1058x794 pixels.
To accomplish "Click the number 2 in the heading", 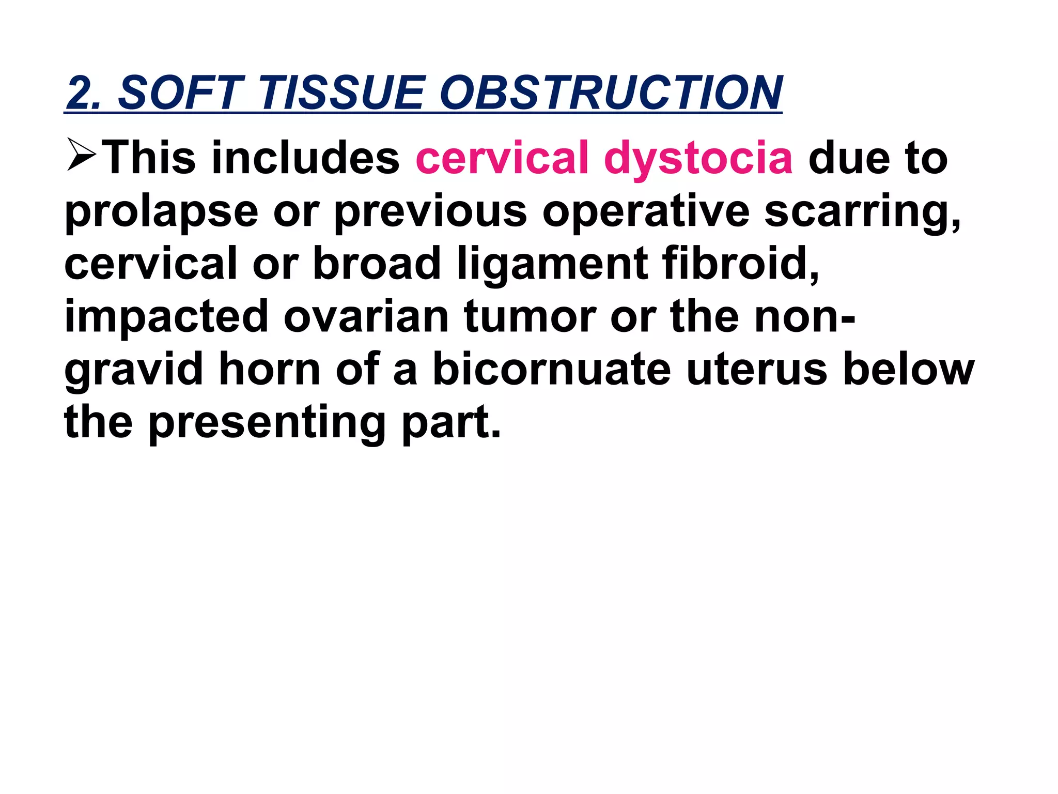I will point(81,93).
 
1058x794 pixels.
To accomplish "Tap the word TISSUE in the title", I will point(341,93).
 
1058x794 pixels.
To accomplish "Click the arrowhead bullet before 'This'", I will point(81,155).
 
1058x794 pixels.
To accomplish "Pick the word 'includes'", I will point(305,158).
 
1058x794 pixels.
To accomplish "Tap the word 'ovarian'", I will point(366,317).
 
